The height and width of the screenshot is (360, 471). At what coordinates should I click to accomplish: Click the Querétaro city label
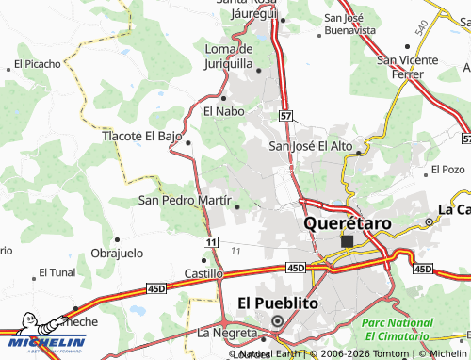pyautogui.click(x=347, y=223)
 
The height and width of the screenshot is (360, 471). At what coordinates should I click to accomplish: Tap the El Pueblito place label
pyautogui.click(x=278, y=303)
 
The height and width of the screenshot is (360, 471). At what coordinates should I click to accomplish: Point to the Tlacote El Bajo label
pyautogui.click(x=141, y=136)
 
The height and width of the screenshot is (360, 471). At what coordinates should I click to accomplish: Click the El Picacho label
pyautogui.click(x=37, y=65)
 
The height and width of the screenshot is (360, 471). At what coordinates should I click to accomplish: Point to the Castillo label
pyautogui.click(x=203, y=273)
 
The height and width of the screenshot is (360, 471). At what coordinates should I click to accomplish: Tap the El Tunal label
pyautogui.click(x=56, y=272)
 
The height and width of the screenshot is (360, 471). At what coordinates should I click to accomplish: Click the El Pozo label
pyautogui.click(x=447, y=170)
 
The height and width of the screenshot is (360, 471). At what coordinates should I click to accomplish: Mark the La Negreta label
pyautogui.click(x=227, y=333)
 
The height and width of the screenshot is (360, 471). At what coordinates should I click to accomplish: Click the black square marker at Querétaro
pyautogui.click(x=347, y=241)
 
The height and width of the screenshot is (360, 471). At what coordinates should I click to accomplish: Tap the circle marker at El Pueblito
pyautogui.click(x=278, y=321)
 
